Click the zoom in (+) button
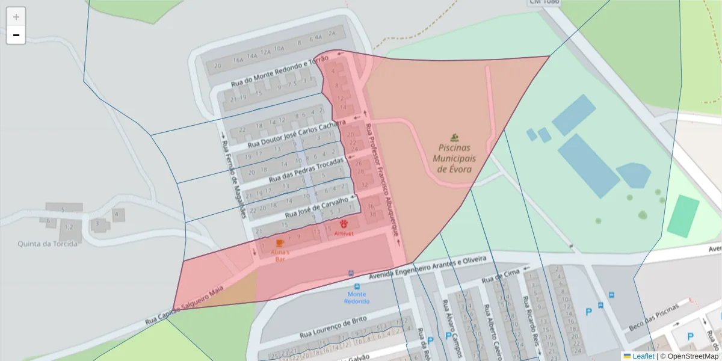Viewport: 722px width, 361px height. [16, 17]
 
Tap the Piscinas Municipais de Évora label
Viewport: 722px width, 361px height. [454, 158]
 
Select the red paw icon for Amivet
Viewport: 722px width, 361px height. [344, 224]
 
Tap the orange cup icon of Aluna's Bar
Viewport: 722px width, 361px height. [280, 242]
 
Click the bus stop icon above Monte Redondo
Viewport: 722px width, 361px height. [352, 273]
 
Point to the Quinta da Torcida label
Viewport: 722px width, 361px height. [48, 244]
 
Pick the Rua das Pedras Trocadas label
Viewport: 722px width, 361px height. [306, 170]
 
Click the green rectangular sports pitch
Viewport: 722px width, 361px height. [683, 216]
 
